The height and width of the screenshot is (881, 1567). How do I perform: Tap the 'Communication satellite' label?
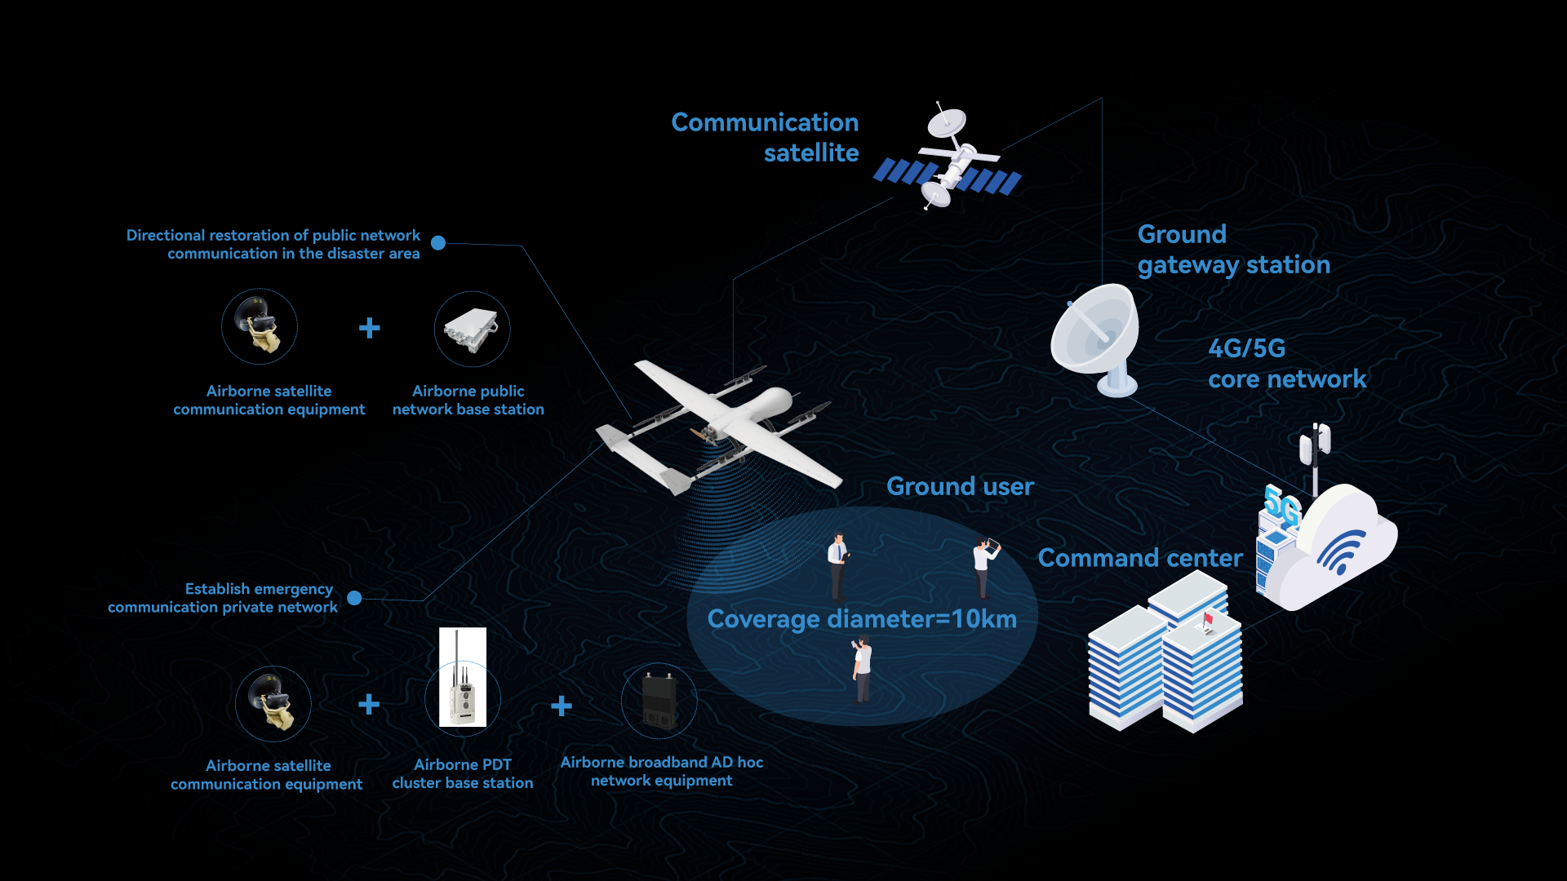tap(765, 137)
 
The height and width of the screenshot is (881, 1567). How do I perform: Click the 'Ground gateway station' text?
tap(1233, 250)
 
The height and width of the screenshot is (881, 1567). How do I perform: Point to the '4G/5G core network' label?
tap(1286, 364)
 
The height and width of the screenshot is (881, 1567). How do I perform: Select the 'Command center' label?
tap(1140, 558)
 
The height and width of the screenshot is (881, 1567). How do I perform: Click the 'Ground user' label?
tap(960, 486)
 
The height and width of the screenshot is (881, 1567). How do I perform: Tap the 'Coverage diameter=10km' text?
tap(862, 619)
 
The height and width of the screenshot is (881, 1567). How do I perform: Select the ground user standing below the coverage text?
tap(861, 670)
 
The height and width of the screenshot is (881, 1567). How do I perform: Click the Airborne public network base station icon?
tap(472, 329)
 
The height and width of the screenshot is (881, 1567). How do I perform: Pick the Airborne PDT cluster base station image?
tap(463, 677)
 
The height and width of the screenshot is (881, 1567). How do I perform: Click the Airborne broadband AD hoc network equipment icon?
tap(659, 701)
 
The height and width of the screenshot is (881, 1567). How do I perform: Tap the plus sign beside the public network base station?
tap(370, 328)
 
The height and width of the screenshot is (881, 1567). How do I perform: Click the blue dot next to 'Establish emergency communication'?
tap(354, 598)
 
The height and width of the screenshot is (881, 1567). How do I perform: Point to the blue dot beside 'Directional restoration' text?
tap(438, 243)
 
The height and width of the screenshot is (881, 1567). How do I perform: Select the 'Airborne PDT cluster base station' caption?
tap(463, 773)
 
